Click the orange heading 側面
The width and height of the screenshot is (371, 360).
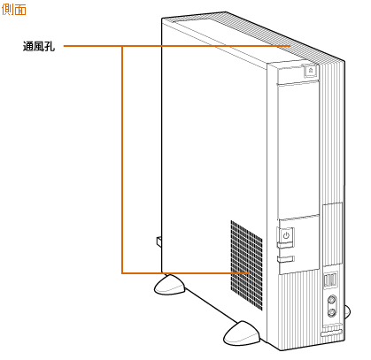14,10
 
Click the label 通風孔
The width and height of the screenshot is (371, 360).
39,46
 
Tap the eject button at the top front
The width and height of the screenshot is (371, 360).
311,71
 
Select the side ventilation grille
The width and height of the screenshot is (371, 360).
247,264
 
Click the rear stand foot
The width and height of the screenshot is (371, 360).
169,285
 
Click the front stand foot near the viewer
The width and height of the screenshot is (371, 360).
242,333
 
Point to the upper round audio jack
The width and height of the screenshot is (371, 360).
332,300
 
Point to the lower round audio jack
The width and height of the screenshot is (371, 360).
332,312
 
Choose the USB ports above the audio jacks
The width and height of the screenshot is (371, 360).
330,280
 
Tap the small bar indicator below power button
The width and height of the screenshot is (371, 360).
286,259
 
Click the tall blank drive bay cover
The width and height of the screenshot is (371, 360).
298,150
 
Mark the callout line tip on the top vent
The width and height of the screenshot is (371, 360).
290,46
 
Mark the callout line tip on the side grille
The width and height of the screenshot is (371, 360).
250,273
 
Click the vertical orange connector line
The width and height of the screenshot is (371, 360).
122,159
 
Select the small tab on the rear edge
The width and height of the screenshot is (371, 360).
159,241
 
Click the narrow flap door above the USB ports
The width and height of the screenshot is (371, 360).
333,234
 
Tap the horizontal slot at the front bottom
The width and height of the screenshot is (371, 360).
332,333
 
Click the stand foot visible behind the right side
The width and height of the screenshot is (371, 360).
347,310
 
